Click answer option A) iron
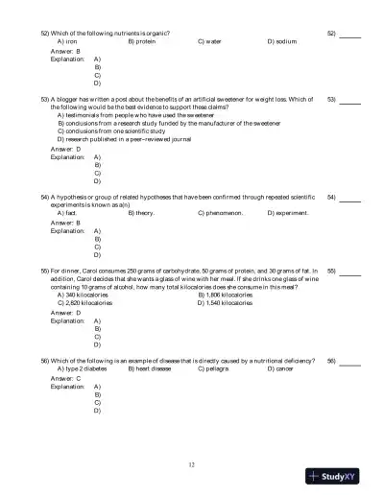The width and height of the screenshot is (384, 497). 68,42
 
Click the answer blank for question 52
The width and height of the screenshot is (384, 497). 349,35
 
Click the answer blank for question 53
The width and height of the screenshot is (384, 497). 349,100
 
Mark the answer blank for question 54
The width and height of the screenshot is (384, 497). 349,198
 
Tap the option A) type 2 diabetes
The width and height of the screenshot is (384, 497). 83,368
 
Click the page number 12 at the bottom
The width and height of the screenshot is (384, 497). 192,463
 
